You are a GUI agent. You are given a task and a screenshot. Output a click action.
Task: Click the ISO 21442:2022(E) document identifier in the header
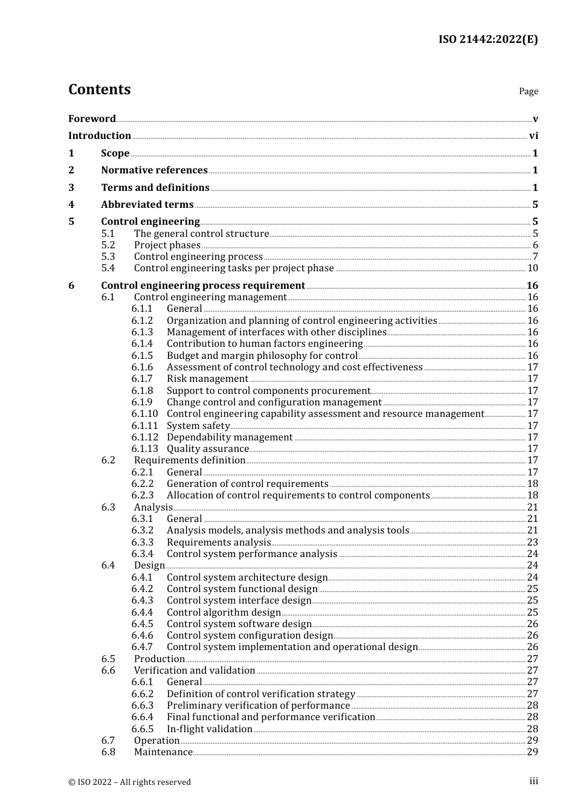[488, 39]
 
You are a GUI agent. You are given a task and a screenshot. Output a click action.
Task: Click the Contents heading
[99, 89]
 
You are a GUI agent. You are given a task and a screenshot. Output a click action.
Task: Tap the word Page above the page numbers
[528, 91]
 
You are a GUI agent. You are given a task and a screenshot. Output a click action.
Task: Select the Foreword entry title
[92, 118]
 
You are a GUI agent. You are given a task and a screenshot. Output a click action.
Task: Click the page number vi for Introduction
[534, 136]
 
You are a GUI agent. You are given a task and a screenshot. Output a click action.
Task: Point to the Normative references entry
[154, 170]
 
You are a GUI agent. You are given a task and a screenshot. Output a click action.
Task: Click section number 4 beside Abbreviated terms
[71, 205]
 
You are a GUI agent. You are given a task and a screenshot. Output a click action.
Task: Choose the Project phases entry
[167, 245]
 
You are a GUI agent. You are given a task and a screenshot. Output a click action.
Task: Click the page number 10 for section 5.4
[532, 268]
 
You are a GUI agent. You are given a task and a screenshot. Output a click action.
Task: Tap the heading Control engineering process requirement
[203, 285]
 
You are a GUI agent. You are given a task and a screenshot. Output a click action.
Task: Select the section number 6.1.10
[144, 414]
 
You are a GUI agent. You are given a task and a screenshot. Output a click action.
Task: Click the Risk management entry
[207, 379]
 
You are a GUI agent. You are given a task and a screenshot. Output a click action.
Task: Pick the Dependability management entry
[230, 437]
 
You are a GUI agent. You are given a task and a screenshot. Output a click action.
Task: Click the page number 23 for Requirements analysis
[532, 543]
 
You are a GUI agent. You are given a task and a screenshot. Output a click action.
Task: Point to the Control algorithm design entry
[224, 613]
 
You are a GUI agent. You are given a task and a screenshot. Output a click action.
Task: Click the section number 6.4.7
[142, 647]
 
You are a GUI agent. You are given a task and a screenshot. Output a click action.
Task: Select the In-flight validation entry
[209, 729]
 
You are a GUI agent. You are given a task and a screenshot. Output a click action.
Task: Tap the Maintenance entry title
[163, 752]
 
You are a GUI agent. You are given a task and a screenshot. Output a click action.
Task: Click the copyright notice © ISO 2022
[129, 782]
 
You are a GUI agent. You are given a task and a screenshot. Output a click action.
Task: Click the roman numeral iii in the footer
[534, 781]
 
